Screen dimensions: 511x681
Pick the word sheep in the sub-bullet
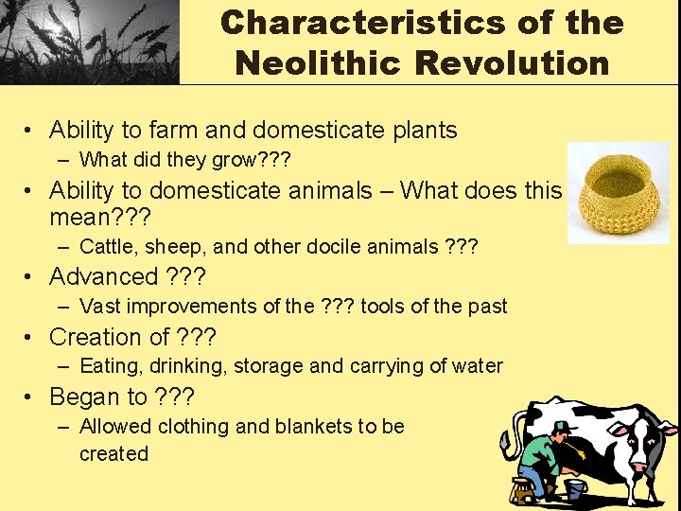pyautogui.click(x=180, y=248)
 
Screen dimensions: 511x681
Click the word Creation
pyautogui.click(x=95, y=337)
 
